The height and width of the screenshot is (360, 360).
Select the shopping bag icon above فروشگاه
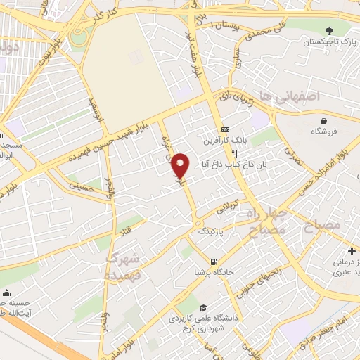point(323,121)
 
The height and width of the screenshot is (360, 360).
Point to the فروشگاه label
point(323,132)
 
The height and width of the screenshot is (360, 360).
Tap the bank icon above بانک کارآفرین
point(225,130)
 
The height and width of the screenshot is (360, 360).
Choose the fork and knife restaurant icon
point(236,153)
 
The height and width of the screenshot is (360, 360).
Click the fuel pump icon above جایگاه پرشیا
point(204,261)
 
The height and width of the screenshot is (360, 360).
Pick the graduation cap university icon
point(203,308)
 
